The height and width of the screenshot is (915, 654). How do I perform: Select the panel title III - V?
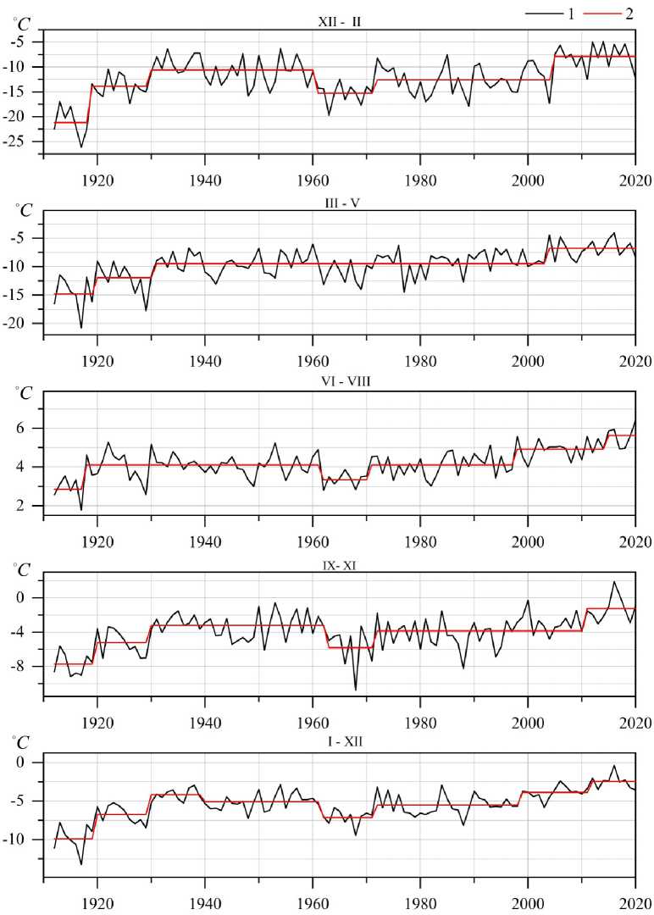340,201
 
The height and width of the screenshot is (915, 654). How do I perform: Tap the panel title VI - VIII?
339,381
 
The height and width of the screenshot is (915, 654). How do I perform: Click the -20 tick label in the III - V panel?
25,324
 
